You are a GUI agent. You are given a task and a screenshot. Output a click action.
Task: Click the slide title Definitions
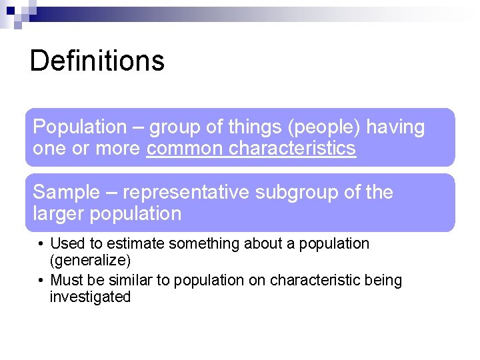(x=97, y=61)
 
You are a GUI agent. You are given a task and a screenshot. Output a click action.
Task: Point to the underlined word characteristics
(x=292, y=148)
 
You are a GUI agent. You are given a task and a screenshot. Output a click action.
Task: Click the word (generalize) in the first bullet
(x=90, y=260)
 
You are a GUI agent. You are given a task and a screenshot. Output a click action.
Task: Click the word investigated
(x=90, y=297)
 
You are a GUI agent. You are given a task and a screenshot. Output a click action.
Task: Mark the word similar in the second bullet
(x=133, y=280)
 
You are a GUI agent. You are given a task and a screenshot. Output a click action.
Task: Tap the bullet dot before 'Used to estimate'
(x=41, y=244)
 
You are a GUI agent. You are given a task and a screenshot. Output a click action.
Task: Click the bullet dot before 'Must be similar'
(x=41, y=280)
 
